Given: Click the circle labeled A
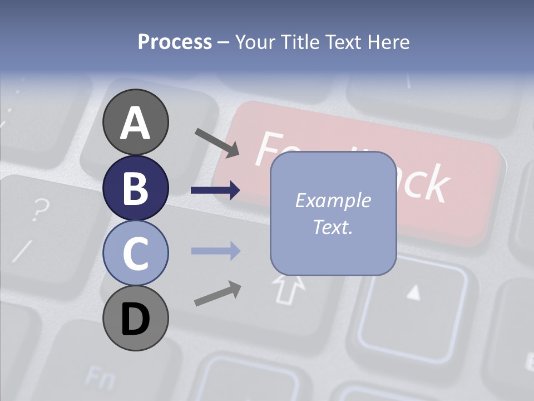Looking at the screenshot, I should coord(135,122).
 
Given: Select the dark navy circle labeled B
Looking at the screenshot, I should coord(135,188).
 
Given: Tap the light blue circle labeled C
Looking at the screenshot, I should coord(135,253).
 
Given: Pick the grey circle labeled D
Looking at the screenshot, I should coord(135,318).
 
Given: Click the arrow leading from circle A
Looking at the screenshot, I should coord(216,142).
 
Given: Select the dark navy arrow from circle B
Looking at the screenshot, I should coord(215,190).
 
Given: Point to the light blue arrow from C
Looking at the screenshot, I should coord(215,251).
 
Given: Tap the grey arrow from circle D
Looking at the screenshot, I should coord(217,294).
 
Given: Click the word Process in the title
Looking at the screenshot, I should coord(175,42).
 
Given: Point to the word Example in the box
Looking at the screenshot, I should coord(333,200).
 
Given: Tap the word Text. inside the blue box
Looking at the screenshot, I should coord(333,227).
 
